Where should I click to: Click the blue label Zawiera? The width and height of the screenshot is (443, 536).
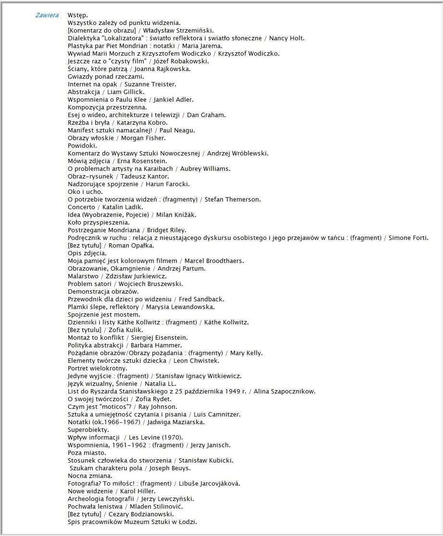click(x=47, y=15)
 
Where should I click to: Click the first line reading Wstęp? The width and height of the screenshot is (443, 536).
click(x=77, y=15)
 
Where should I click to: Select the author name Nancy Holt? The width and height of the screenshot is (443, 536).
click(x=287, y=38)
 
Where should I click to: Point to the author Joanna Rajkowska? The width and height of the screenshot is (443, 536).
click(x=162, y=69)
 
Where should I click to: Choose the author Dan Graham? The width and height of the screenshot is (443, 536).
click(x=206, y=115)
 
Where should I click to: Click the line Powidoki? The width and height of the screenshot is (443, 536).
click(x=82, y=146)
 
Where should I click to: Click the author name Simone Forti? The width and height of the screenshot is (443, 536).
click(x=408, y=238)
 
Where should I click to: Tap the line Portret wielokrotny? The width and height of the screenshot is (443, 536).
click(x=98, y=369)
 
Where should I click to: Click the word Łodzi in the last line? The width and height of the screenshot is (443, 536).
click(x=187, y=522)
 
